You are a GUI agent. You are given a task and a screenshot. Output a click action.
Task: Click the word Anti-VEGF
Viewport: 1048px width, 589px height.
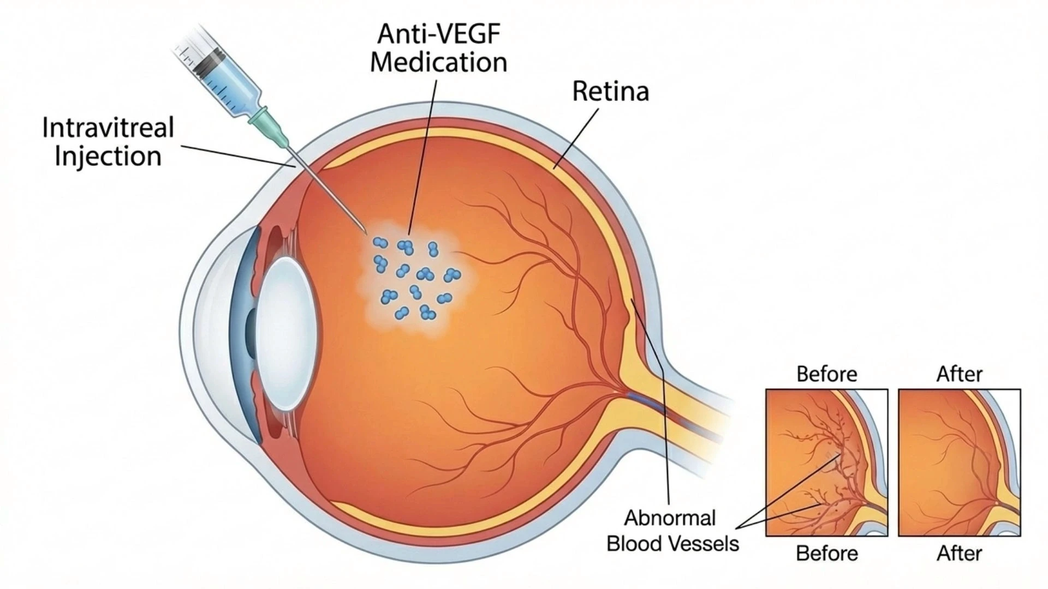pos(439,34)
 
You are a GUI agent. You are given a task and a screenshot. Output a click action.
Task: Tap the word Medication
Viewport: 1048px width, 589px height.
pos(439,62)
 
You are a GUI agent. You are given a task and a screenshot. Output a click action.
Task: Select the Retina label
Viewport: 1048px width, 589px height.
pos(610,92)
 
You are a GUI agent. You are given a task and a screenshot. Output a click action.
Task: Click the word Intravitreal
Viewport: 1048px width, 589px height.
pos(108,128)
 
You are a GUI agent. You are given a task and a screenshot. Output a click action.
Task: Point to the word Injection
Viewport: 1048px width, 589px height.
pos(108,157)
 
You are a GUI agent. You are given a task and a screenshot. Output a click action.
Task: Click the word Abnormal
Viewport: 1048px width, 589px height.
pos(670,518)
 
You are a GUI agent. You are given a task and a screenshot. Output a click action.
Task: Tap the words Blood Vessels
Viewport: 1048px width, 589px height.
pos(672,544)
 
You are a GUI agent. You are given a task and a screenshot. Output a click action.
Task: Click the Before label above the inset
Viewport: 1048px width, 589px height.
pos(826,374)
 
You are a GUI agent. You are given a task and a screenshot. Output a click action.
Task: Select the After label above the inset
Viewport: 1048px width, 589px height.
pos(959,374)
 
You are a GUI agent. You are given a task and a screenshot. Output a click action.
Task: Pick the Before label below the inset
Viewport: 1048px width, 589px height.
pos(826,554)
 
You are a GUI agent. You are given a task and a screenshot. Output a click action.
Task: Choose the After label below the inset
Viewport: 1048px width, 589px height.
pos(959,554)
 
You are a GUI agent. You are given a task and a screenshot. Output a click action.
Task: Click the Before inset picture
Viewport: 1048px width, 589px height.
pos(826,462)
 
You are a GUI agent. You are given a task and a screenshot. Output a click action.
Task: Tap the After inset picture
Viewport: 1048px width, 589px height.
pos(959,462)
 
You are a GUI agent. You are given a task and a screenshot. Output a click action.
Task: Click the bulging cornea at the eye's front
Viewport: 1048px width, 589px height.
pos(202,333)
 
